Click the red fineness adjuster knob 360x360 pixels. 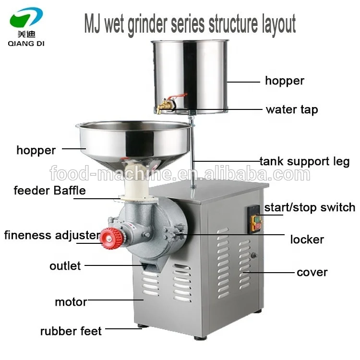112,238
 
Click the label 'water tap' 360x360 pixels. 292,110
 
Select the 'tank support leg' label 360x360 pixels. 305,161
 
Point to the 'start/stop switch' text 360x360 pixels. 310,207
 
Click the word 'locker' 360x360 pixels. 307,240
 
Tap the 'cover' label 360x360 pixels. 312,273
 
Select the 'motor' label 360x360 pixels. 71,302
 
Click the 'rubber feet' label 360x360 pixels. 71,331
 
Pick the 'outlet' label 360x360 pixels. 65,266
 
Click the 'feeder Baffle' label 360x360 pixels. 49,191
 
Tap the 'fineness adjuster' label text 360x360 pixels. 52,235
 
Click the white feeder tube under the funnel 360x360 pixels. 136,184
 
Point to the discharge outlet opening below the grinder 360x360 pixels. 150,267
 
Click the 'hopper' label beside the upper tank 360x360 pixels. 285,81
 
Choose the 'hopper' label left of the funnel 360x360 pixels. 36,151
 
